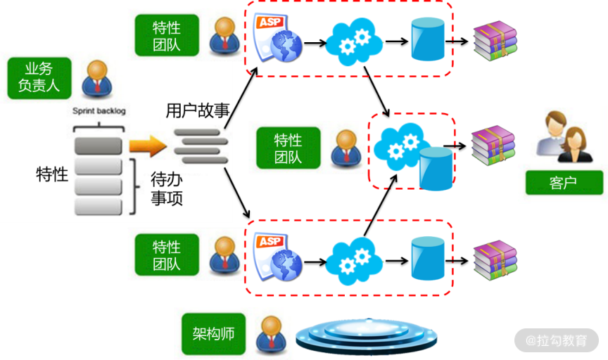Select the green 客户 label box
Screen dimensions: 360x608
point(562,184)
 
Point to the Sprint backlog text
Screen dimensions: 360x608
point(99,111)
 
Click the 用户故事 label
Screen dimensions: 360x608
point(197,111)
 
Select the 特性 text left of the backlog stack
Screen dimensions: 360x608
point(51,174)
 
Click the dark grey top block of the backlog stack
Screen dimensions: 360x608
point(99,146)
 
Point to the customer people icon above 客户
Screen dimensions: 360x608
point(561,135)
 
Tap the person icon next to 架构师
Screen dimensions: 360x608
point(271,333)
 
